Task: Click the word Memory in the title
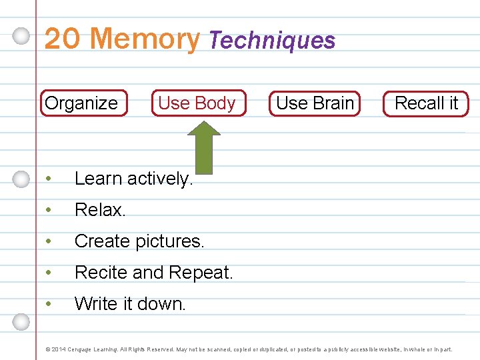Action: [x=145, y=39]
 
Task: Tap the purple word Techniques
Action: [x=271, y=41]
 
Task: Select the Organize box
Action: [x=83, y=103]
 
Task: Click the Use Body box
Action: [x=197, y=103]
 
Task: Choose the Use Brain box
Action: [x=315, y=103]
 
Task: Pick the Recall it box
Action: [x=426, y=103]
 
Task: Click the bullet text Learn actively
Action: [x=133, y=179]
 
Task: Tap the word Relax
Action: [x=100, y=210]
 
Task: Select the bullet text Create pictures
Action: [x=139, y=241]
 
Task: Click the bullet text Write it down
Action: [x=130, y=304]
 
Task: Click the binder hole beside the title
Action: [x=22, y=36]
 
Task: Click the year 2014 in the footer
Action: [x=58, y=349]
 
